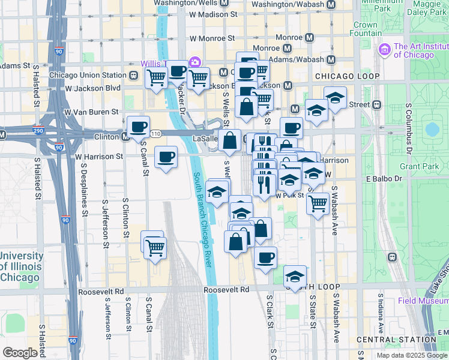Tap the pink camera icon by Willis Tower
(x=194, y=62)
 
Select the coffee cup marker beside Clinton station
(x=138, y=128)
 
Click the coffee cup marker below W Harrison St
(x=166, y=158)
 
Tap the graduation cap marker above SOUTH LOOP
(x=295, y=277)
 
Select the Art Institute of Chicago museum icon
(x=385, y=49)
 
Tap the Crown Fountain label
(x=365, y=29)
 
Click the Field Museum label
(x=423, y=301)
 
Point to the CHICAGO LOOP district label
(x=347, y=76)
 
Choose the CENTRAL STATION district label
(x=395, y=340)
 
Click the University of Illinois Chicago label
(x=21, y=266)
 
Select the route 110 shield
(x=157, y=132)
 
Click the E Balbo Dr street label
(x=384, y=179)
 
